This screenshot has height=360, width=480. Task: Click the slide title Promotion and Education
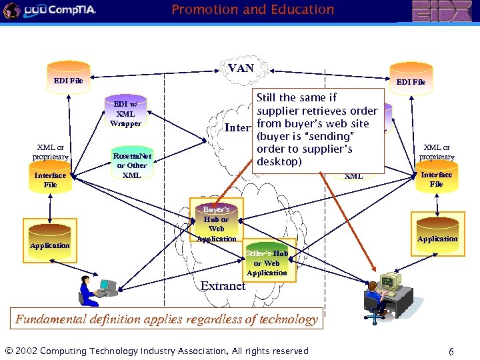(x=253, y=10)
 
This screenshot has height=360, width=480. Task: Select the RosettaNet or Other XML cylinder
(x=131, y=162)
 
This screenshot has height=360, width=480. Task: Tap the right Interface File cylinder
(x=436, y=177)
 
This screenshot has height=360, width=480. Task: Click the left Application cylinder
(x=49, y=237)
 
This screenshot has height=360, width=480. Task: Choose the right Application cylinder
(x=437, y=231)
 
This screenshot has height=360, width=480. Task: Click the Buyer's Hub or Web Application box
(x=216, y=223)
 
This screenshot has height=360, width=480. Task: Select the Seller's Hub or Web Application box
(x=267, y=260)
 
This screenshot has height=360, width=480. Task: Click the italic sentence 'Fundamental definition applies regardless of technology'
(x=167, y=319)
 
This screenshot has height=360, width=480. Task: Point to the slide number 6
(x=451, y=351)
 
